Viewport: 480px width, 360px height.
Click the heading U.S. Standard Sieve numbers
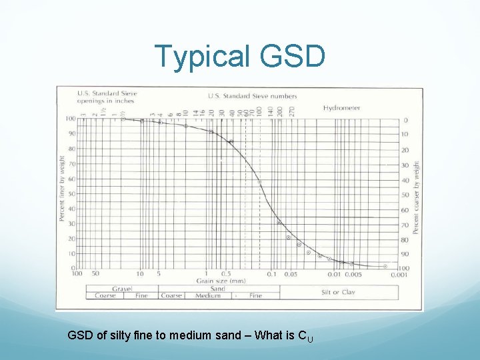252,95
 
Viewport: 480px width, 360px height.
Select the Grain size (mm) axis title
217,281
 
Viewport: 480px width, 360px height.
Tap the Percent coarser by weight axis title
417,197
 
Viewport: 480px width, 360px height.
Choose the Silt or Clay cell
339,292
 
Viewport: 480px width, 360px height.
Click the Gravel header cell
121,289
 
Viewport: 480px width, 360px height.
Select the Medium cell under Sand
208,295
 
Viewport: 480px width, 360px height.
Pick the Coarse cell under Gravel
105,295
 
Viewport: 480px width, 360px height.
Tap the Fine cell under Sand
255,295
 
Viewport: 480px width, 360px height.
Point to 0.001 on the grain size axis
400,274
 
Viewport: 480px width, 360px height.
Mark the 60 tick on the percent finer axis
71,179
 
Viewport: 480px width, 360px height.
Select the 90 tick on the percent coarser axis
404,254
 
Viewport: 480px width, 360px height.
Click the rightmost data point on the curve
385,266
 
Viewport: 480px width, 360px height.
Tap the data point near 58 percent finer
259,182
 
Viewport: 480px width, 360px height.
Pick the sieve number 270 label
291,109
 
